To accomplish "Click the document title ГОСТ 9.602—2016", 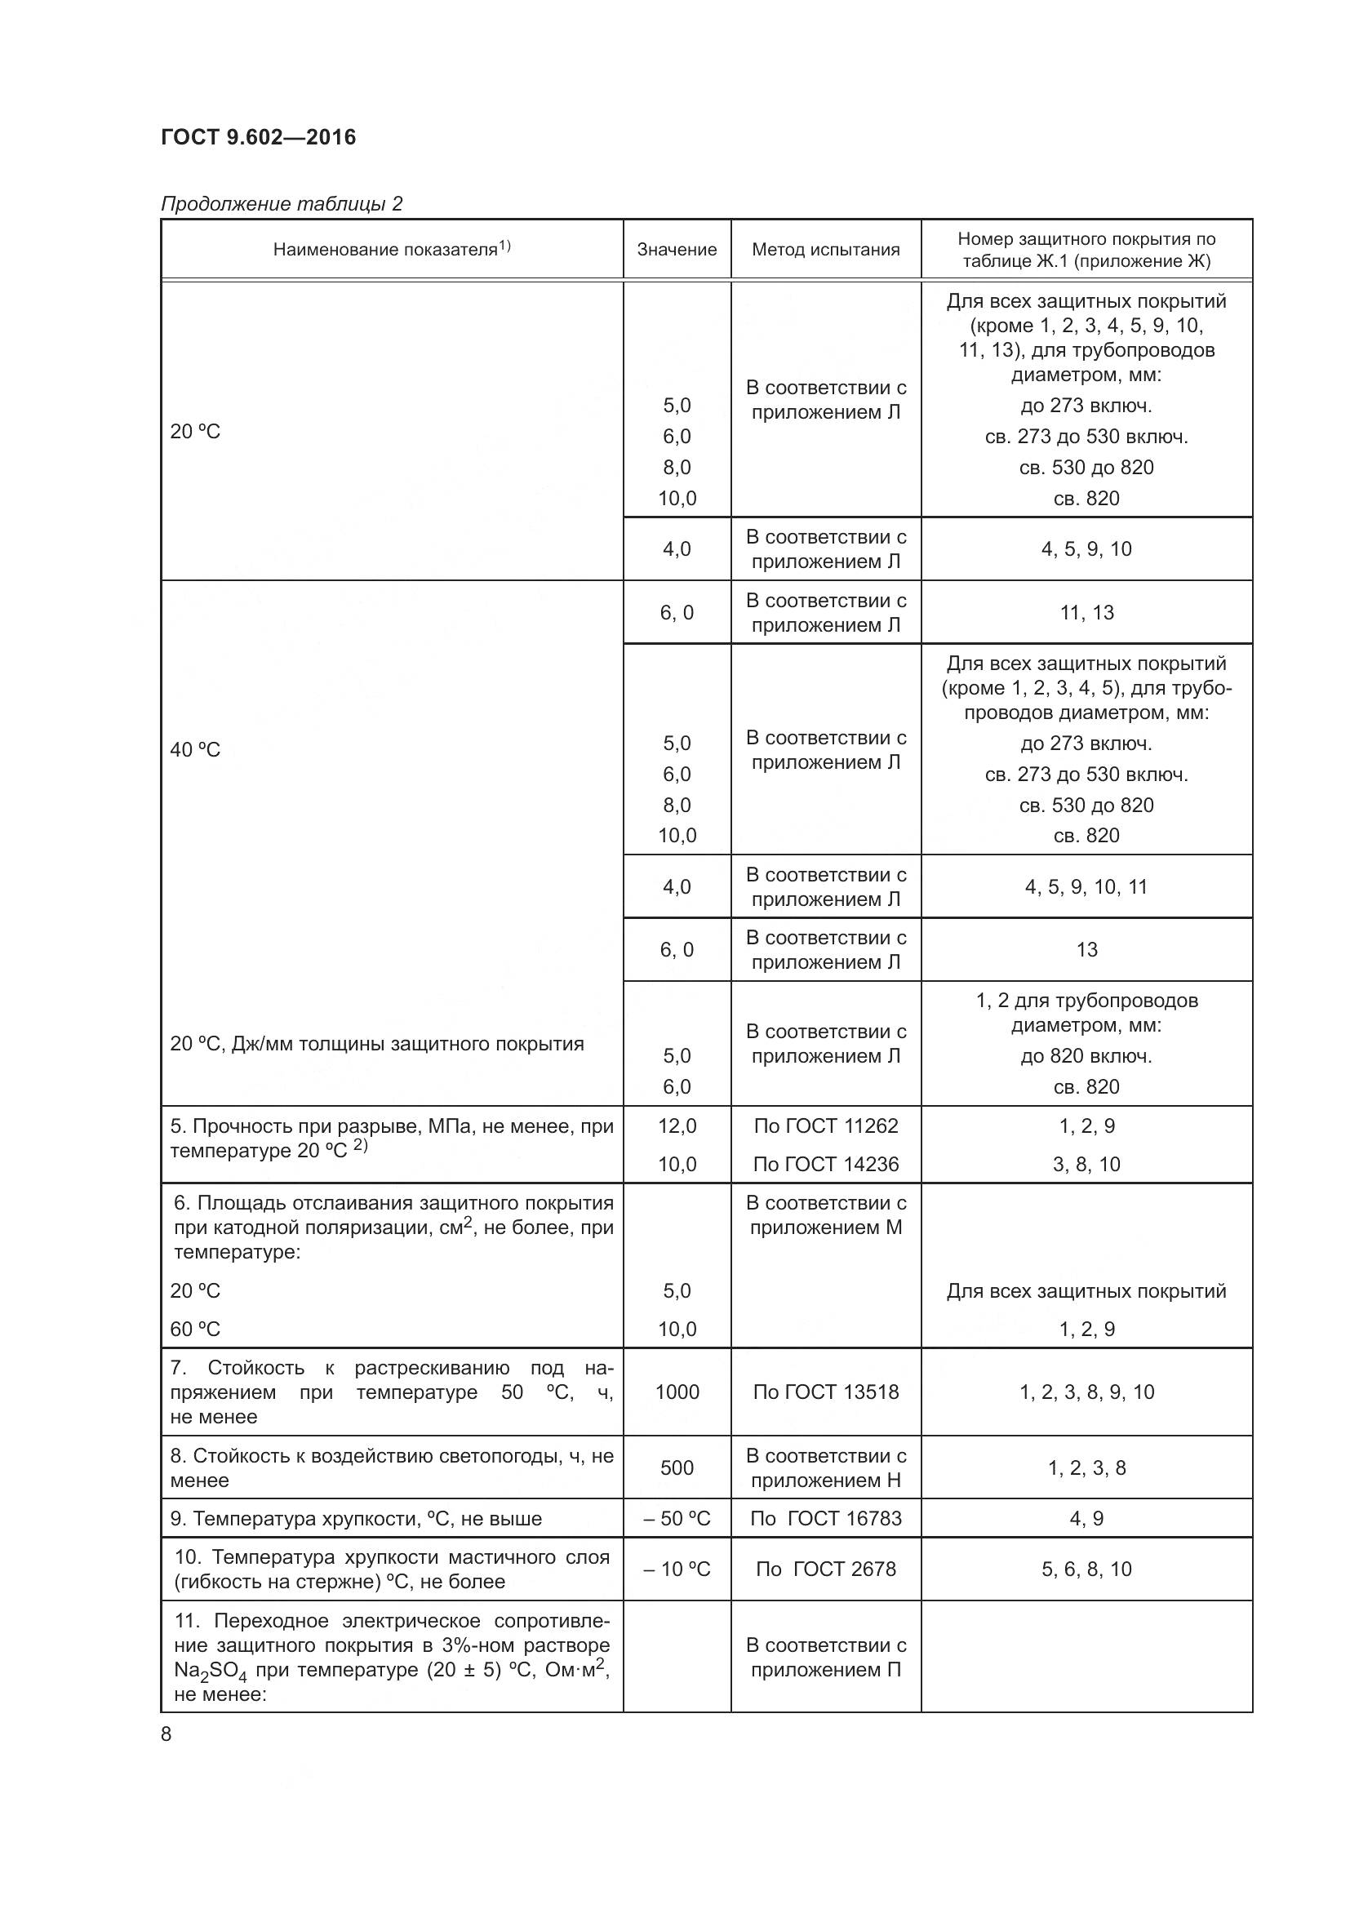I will click(x=258, y=137).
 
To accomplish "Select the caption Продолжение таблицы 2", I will click(x=281, y=204).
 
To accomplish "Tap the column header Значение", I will click(x=677, y=250).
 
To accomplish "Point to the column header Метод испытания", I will click(x=825, y=250).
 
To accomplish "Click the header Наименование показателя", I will click(x=392, y=249).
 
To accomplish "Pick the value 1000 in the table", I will click(x=677, y=1392).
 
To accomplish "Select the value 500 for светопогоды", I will click(x=677, y=1467).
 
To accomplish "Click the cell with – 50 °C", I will click(x=677, y=1518).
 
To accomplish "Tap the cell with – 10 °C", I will click(x=677, y=1569).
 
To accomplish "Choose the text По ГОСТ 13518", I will click(x=825, y=1392).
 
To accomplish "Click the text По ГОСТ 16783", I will click(x=825, y=1518).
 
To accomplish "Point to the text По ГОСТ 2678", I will click(x=825, y=1569).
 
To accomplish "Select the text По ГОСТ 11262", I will click(x=825, y=1125).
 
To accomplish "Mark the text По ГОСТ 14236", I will click(x=825, y=1164).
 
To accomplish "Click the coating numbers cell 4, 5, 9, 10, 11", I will click(x=1086, y=887).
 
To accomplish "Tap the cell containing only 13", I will click(x=1086, y=949).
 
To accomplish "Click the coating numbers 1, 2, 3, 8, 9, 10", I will click(x=1086, y=1392).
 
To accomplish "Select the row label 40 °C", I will click(x=195, y=750).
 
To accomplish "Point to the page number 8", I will click(x=167, y=1734).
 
